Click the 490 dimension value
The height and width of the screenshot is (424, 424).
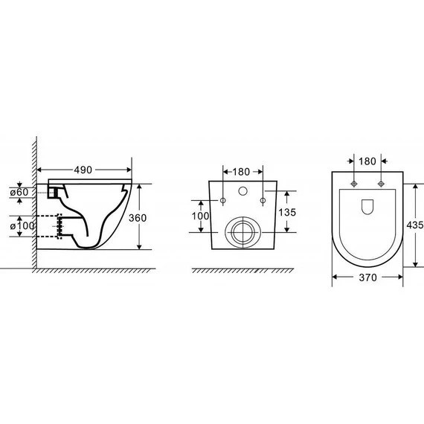(83, 170)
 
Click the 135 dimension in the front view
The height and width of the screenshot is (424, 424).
(287, 212)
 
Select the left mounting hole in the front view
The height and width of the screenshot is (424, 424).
(223, 199)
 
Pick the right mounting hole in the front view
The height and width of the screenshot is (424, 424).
(263, 199)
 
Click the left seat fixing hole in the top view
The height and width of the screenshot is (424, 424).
(354, 183)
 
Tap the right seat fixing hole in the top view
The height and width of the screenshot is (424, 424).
(381, 183)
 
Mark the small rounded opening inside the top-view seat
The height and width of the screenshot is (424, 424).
(367, 209)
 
